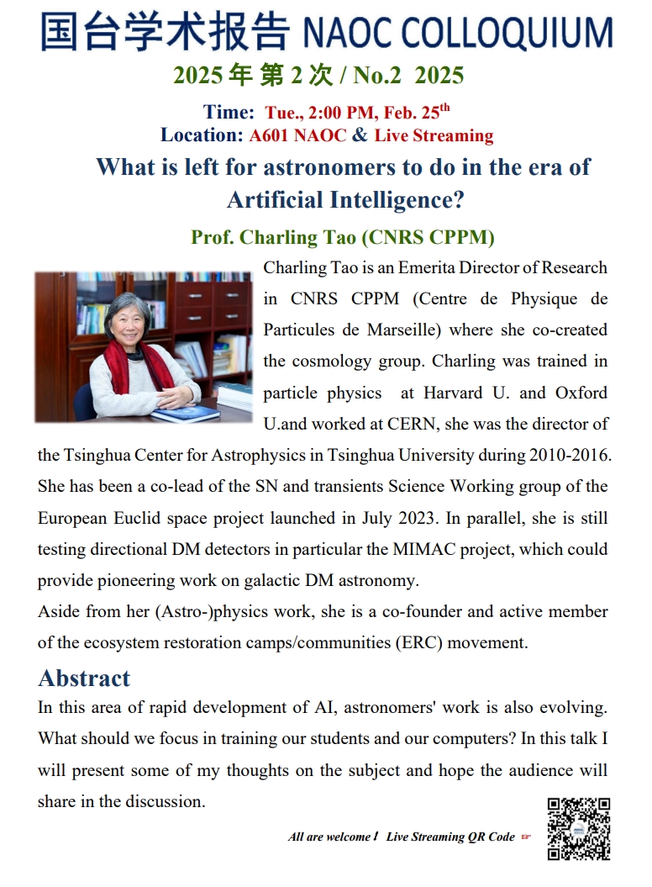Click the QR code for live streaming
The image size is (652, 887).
click(579, 828)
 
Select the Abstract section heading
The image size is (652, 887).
click(84, 678)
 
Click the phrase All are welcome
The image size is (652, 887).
click(330, 837)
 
